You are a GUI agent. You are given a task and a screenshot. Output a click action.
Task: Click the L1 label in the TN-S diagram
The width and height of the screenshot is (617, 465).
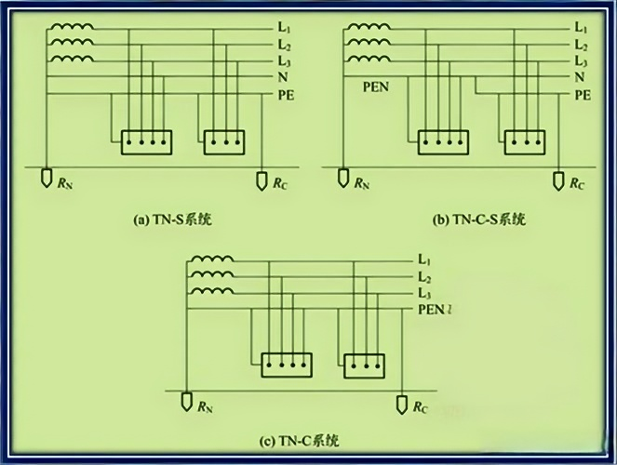(x=282, y=28)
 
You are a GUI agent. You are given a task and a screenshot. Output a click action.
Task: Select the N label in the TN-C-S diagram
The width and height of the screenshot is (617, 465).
(x=579, y=78)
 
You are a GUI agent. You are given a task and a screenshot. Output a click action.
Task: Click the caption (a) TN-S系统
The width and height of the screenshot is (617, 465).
(x=181, y=220)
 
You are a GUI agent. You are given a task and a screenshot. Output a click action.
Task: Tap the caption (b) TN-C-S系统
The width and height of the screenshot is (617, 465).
(x=479, y=220)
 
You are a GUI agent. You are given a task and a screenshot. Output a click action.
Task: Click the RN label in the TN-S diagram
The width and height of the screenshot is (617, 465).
(x=64, y=183)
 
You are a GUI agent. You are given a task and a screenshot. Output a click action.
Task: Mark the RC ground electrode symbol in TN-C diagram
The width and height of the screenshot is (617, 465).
(x=402, y=403)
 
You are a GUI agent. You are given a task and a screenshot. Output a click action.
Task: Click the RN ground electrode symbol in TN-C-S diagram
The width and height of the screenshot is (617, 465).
(x=343, y=177)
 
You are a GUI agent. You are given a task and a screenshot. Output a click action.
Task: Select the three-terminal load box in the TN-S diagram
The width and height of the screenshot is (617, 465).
(x=223, y=142)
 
